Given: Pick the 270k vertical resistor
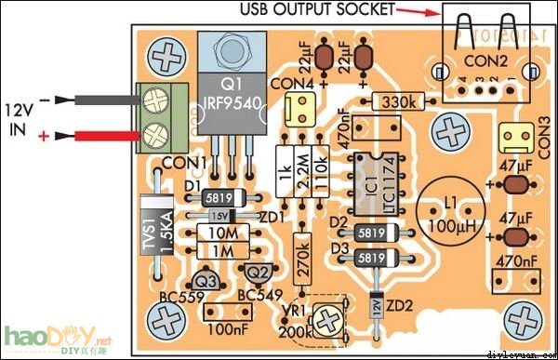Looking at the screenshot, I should pos(301,252).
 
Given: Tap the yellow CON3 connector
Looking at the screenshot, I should pos(513,140).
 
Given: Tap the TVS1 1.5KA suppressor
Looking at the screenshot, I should pos(150,222).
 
